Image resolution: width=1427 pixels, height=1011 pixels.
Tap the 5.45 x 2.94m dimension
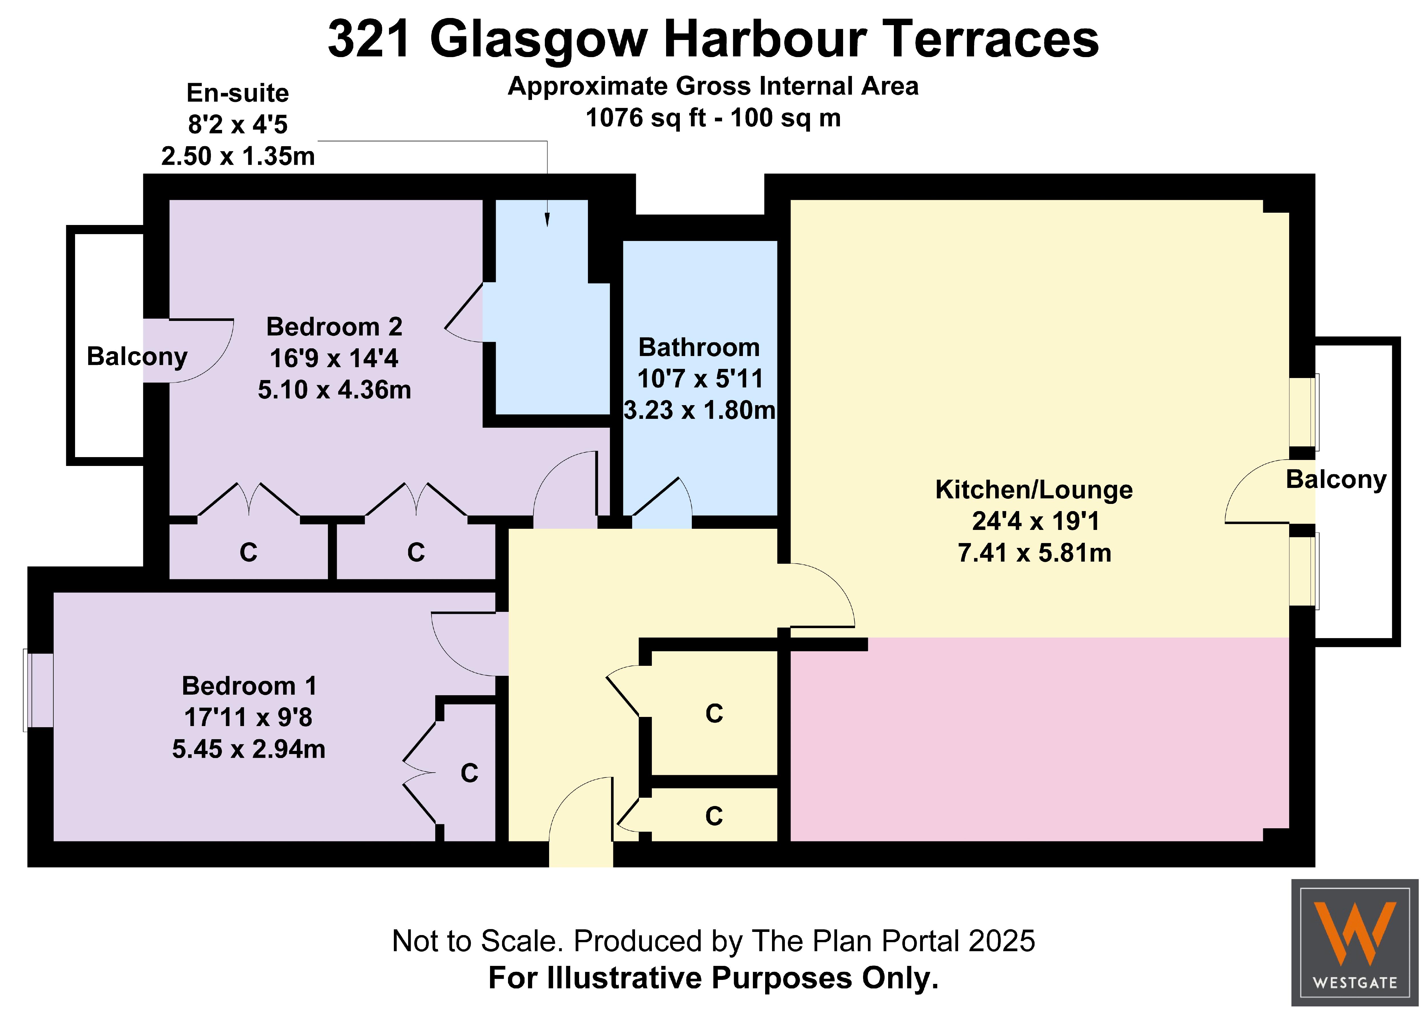coord(249,749)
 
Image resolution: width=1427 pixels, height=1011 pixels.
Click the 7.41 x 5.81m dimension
coord(1034,553)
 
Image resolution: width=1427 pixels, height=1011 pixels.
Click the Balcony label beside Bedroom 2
coord(137,357)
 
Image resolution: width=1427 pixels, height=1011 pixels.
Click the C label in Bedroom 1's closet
coord(469,773)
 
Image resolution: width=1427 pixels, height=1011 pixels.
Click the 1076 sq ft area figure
coord(645,118)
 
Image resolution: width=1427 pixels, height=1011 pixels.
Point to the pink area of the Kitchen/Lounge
coord(1039,739)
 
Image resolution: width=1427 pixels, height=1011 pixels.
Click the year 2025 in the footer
coord(1002,941)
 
